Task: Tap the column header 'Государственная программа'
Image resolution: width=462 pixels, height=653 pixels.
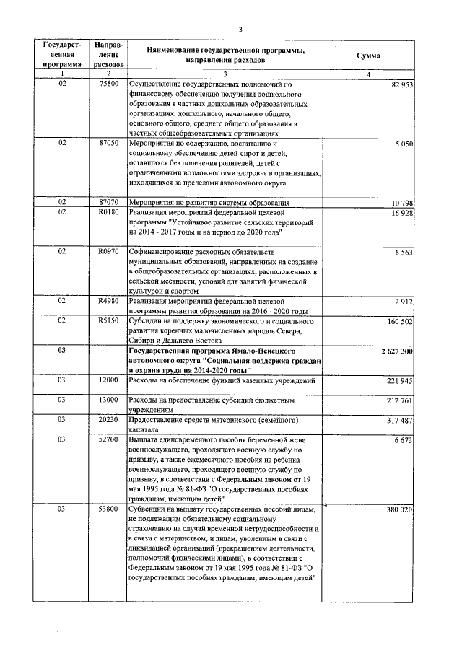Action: click(62, 56)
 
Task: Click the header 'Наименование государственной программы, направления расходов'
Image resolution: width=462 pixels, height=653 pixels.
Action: click(225, 56)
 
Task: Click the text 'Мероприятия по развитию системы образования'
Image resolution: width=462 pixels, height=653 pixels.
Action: click(209, 203)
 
